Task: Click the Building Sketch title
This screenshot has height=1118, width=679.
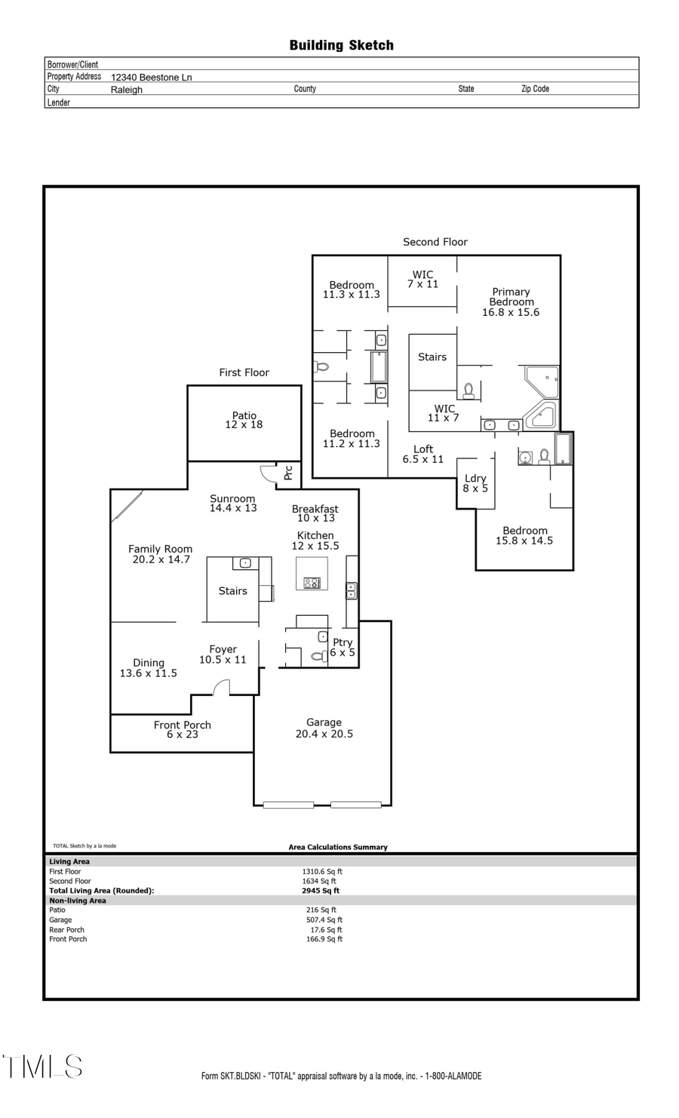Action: click(341, 45)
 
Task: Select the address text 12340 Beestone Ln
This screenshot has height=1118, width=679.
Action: click(151, 77)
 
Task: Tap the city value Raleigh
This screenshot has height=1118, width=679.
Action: click(126, 90)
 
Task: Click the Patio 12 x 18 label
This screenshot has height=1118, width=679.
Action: click(244, 420)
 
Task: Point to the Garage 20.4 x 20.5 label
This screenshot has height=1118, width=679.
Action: click(324, 728)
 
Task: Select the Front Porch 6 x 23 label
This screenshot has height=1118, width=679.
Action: click(182, 730)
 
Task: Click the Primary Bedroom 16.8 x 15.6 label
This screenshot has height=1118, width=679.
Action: click(511, 302)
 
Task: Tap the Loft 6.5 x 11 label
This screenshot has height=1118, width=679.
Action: click(422, 454)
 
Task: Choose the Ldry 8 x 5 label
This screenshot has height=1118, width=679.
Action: click(475, 483)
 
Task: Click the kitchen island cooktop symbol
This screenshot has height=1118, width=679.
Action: click(312, 582)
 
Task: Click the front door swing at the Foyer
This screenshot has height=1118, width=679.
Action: click(220, 687)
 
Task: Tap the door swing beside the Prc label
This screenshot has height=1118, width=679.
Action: click(269, 473)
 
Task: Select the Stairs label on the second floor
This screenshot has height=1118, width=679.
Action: click(432, 357)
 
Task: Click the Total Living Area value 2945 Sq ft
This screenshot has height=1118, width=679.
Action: click(320, 890)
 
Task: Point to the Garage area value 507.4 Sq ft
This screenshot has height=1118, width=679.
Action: click(324, 920)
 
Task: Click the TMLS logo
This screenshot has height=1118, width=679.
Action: click(42, 1067)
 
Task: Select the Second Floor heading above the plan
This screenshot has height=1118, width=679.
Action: click(435, 242)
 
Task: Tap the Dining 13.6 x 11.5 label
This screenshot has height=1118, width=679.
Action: click(148, 668)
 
